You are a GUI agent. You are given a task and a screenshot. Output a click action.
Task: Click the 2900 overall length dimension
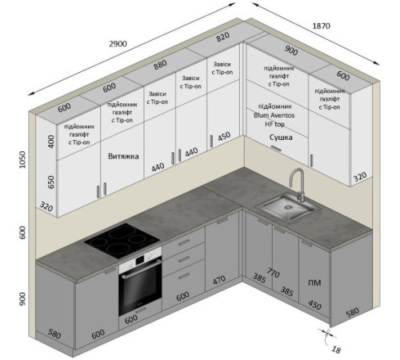(118, 43)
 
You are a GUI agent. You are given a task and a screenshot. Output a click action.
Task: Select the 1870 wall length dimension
(321, 26)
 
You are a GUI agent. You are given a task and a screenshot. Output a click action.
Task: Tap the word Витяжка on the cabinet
(123, 156)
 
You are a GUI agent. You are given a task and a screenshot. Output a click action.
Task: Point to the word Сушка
(281, 138)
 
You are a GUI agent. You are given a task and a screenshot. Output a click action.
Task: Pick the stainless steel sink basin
(288, 206)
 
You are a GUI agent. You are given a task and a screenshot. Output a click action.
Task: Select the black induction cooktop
(122, 239)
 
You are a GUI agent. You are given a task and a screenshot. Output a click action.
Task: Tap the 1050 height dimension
(22, 159)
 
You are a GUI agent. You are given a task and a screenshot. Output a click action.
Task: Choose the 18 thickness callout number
(336, 350)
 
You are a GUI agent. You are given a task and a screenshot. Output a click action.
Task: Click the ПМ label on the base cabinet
(314, 282)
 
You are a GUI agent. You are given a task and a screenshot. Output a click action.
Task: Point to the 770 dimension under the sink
(273, 273)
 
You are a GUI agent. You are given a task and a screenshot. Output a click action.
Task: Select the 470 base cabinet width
(219, 280)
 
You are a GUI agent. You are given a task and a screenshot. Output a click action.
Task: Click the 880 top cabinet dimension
(160, 65)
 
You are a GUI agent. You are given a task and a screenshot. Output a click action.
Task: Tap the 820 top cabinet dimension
(222, 37)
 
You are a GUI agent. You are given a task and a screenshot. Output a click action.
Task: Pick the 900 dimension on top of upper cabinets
(291, 50)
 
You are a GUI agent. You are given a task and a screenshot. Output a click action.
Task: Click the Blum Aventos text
(274, 115)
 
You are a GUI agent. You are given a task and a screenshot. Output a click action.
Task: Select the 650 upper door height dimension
(50, 182)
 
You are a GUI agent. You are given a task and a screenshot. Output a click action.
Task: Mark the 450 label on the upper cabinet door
(224, 137)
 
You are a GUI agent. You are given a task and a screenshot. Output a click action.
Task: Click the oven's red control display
(140, 259)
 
